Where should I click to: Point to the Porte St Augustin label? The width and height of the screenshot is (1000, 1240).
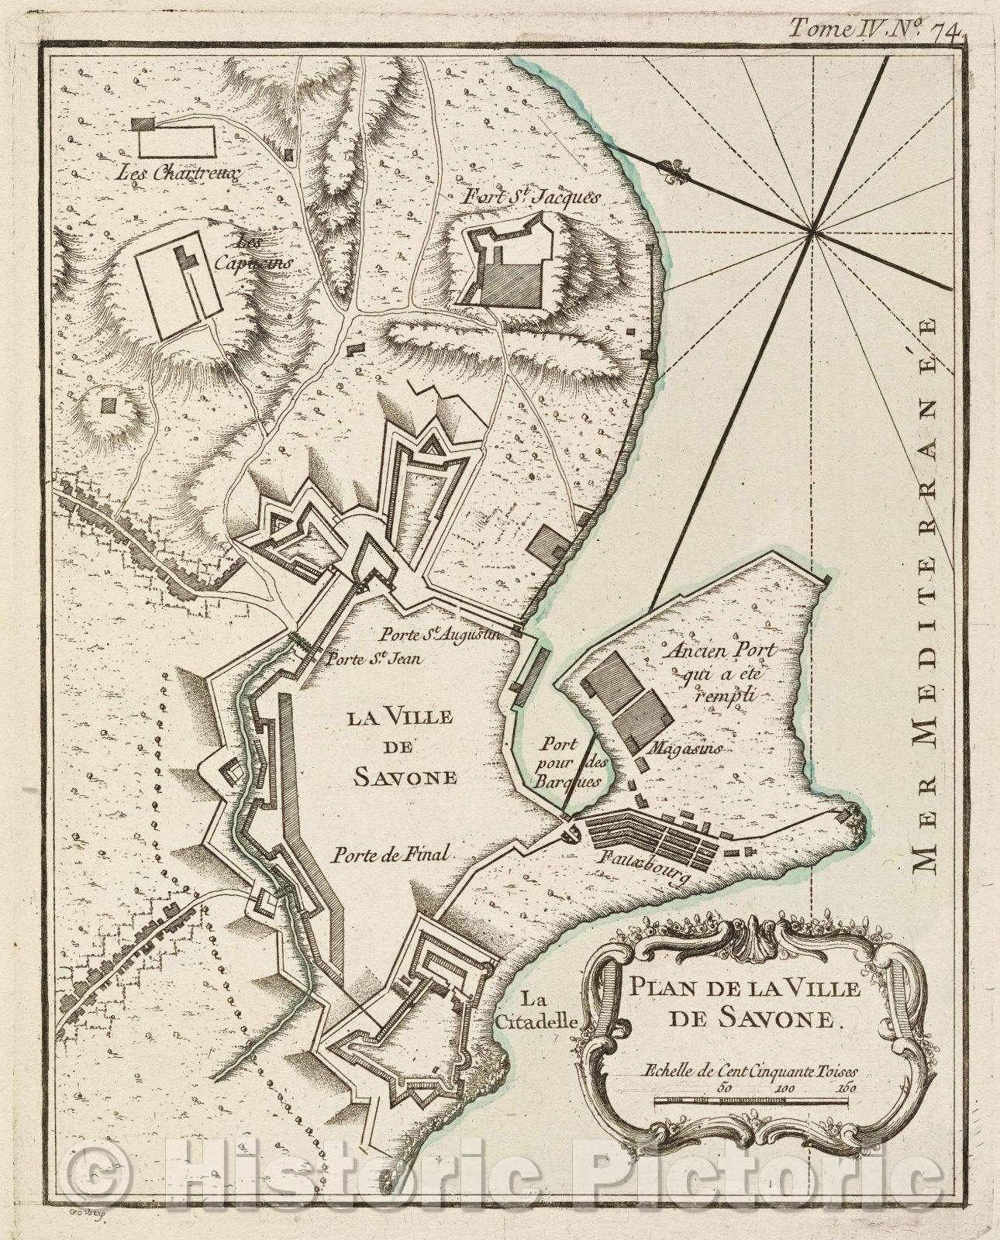pos(440,635)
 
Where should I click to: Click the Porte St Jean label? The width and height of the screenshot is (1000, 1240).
pos(368,660)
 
